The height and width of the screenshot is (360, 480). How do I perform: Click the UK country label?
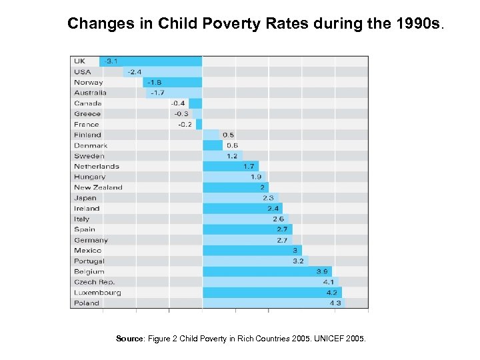(79, 61)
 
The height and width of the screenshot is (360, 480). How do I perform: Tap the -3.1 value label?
(111, 61)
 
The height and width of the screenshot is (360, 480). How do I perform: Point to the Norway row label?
(89, 83)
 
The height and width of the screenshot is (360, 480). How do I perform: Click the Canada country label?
(88, 103)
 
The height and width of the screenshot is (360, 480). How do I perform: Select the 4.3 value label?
(335, 303)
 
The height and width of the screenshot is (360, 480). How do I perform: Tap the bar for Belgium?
(267, 271)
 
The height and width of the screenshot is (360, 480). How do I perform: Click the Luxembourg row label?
(97, 293)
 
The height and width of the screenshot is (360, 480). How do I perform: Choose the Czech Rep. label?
(94, 282)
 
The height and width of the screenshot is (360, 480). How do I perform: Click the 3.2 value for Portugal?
(298, 261)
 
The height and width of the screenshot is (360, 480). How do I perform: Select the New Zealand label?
(98, 187)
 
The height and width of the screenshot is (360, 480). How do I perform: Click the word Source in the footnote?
(129, 339)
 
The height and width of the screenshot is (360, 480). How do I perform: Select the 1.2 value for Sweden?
(231, 156)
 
